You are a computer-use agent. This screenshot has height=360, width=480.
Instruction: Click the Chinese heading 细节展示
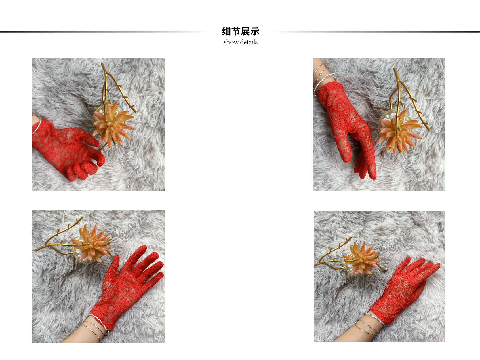(241, 31)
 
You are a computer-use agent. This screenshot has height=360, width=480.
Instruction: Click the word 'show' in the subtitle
(231, 42)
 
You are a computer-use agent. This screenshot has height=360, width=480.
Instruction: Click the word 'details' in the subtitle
(249, 42)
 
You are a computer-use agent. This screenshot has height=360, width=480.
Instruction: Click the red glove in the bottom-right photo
(403, 291)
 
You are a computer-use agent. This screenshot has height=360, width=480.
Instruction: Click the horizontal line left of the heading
(101, 32)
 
